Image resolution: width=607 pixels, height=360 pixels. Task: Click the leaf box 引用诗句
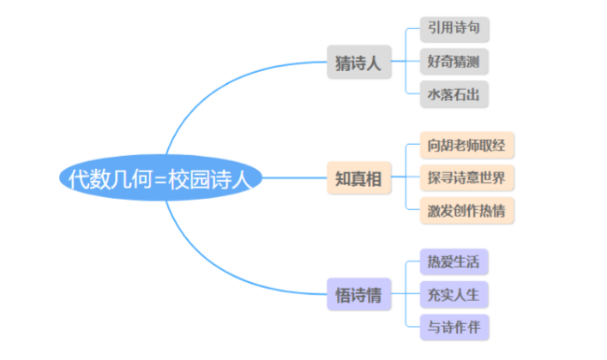point(454,28)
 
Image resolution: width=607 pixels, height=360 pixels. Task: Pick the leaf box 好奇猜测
point(454,61)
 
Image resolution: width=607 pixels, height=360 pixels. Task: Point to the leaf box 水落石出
point(454,93)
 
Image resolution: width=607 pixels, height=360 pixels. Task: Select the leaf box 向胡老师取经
point(467,146)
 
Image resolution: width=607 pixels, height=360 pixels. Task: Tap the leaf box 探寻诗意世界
point(467,178)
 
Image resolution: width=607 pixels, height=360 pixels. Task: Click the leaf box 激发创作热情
point(467,211)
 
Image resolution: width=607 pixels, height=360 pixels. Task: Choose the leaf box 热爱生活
point(454,262)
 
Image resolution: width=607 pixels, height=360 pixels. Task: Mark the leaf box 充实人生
point(454,295)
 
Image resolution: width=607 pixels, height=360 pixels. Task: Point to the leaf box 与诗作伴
point(454,327)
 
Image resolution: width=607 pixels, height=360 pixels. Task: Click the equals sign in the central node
point(161,179)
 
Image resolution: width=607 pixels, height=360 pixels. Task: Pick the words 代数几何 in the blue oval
point(110,179)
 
